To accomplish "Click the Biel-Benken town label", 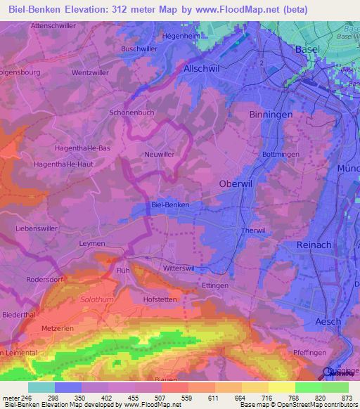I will tap(171, 204).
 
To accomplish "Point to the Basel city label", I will tap(307, 49).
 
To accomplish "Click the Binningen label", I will tap(270, 114).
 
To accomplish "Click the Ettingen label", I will tap(215, 287).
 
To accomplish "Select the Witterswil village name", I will tap(179, 269).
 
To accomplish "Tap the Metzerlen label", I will tap(58, 327).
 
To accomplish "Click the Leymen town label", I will tap(92, 243).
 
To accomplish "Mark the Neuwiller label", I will tap(158, 153).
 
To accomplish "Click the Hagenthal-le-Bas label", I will tap(83, 148).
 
